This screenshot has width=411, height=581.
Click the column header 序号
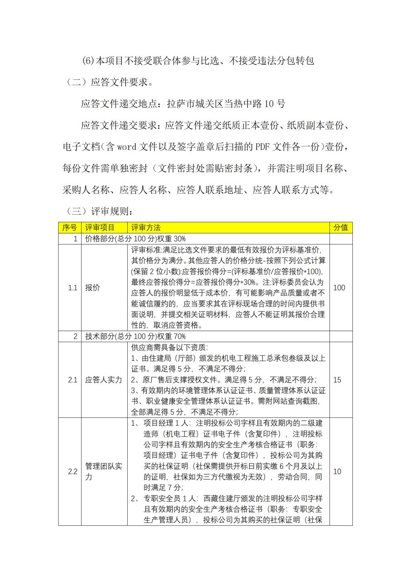(69, 228)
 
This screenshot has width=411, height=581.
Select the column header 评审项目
(100, 228)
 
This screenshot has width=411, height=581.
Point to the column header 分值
(341, 228)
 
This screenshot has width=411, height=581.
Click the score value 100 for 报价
(339, 288)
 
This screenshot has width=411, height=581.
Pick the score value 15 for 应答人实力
(337, 380)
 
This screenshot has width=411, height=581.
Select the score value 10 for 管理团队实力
(337, 471)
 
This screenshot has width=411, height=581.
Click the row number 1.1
(72, 288)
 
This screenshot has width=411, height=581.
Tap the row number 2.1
(72, 380)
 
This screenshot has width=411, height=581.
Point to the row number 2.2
(72, 471)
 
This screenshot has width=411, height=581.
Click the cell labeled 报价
(93, 288)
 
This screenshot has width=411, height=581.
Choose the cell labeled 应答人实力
(104, 380)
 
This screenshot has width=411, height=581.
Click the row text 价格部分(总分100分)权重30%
(135, 239)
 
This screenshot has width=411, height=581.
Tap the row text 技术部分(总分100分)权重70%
(135, 336)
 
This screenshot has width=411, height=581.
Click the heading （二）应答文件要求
(108, 83)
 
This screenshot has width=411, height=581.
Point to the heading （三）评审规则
(99, 211)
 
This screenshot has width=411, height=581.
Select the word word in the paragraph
(127, 147)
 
